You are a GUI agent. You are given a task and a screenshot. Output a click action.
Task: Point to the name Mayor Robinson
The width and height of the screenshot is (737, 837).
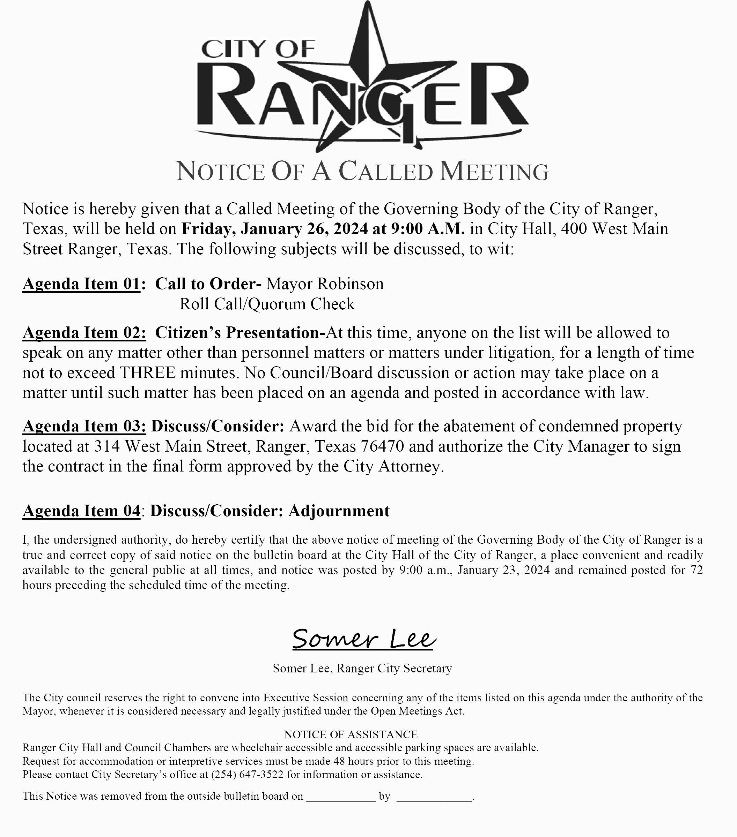click(325, 284)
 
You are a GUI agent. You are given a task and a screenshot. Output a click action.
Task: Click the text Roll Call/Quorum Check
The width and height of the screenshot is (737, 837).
click(267, 304)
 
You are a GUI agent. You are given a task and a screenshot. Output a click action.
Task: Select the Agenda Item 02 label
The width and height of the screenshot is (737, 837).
click(84, 332)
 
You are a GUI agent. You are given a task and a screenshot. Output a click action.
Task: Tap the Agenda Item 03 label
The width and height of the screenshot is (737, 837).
click(84, 426)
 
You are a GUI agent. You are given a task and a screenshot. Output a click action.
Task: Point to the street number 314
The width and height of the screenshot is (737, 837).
click(107, 446)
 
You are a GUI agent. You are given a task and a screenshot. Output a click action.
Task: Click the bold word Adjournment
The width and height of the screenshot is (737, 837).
click(339, 511)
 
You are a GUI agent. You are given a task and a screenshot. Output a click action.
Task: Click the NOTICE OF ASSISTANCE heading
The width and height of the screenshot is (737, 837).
click(351, 734)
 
